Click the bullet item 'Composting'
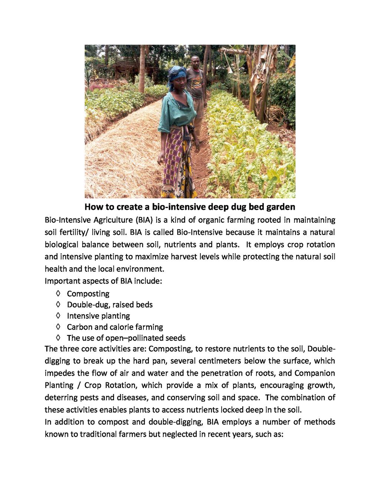click(x=88, y=294)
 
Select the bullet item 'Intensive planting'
click(x=98, y=316)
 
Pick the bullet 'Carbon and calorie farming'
click(x=115, y=327)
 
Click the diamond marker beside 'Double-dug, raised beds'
click(x=58, y=304)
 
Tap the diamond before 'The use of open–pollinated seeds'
click(x=58, y=338)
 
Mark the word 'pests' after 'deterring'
click(x=89, y=397)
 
